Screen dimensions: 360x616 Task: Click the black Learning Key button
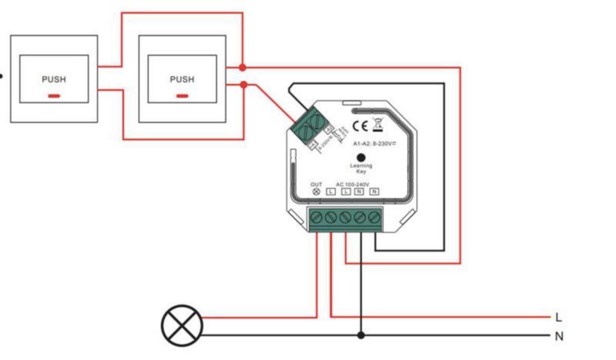coord(361,158)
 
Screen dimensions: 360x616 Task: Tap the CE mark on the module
coord(360,125)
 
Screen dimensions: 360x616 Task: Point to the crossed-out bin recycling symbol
coord(379,125)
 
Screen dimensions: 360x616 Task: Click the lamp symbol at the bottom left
coord(182,326)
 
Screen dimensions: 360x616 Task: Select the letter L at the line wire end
coord(559,317)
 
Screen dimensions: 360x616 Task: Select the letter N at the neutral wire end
coord(559,337)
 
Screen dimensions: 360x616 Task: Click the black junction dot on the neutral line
coord(361,335)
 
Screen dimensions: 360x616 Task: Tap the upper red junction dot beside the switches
coord(243,67)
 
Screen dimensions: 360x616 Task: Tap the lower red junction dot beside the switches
coord(244,85)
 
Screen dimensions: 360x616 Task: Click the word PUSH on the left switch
coord(54,80)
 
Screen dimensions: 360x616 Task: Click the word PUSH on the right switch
coord(182,80)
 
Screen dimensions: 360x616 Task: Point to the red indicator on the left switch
coord(54,96)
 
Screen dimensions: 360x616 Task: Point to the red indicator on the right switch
coord(182,96)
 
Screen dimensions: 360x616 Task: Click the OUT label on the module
coord(316,184)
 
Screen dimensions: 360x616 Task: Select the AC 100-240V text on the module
coord(353,184)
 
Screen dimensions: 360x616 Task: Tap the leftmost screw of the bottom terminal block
coord(316,217)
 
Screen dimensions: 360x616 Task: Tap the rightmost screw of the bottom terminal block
coord(375,217)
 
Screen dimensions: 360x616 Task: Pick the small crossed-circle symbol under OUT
coord(316,192)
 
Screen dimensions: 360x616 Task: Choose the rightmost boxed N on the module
coord(374,192)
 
